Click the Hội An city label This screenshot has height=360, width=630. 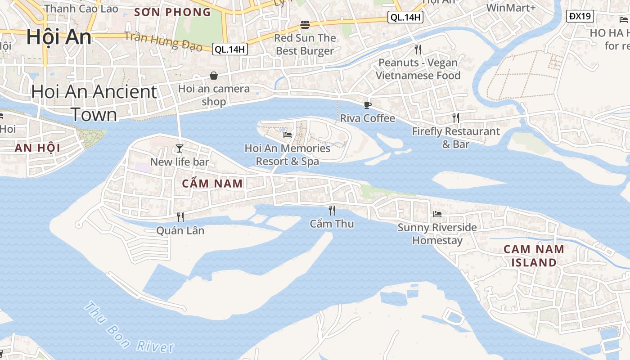58,37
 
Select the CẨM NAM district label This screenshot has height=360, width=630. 212,184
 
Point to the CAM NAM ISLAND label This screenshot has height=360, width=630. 534,256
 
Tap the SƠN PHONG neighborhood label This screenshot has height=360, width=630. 173,12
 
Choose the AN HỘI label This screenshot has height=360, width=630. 37,148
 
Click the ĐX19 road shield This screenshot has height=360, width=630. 580,17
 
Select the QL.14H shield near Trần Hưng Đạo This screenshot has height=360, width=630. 230,49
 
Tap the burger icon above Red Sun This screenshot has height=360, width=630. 305,24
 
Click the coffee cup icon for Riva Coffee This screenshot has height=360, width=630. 368,105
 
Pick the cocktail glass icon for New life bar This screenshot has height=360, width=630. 180,148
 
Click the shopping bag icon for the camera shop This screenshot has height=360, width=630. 214,76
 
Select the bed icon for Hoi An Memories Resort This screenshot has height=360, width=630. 288,135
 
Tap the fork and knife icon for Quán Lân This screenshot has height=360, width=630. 180,217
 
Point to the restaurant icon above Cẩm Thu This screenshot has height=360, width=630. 332,210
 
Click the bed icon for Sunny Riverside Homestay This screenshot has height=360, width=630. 437,214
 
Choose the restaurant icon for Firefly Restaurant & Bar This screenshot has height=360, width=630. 456,118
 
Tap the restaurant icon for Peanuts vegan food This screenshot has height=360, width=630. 418,49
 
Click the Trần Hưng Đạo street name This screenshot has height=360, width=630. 163,42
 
